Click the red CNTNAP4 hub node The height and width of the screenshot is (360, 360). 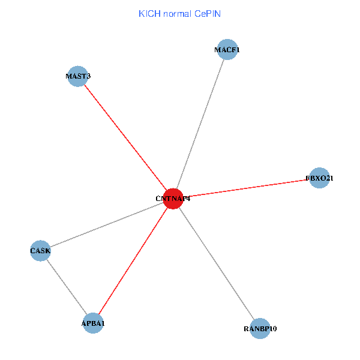173,198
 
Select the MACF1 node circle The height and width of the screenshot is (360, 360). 227,50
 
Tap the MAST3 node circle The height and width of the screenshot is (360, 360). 78,76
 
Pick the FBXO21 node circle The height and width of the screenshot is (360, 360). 319,178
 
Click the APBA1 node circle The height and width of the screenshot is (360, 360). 93,323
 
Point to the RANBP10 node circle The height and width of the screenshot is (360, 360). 260,328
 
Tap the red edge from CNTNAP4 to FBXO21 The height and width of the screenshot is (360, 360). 246,188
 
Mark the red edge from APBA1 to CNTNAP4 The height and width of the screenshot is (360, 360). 133,260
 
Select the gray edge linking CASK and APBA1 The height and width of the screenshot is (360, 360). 67,286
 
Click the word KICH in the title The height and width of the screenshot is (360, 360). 149,13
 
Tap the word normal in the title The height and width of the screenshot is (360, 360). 178,13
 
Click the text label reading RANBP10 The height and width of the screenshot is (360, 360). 260,329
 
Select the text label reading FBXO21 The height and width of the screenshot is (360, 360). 319,178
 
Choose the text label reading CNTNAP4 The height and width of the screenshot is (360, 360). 173,199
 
